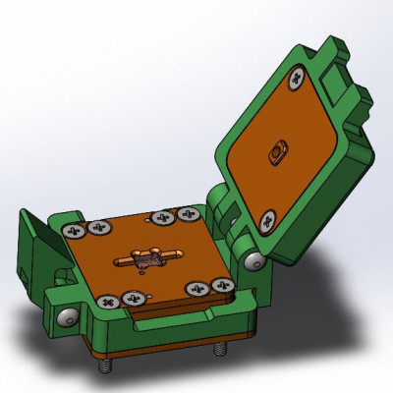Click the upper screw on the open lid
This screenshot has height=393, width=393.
294,84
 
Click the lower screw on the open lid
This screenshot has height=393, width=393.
267,218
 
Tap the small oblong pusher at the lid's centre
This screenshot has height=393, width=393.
276,153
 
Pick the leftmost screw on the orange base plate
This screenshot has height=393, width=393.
74,231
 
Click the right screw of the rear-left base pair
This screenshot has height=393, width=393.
98,228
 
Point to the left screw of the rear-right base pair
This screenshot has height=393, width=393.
159,218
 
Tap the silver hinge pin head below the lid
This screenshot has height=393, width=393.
254,260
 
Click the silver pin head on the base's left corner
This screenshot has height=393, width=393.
67,319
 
